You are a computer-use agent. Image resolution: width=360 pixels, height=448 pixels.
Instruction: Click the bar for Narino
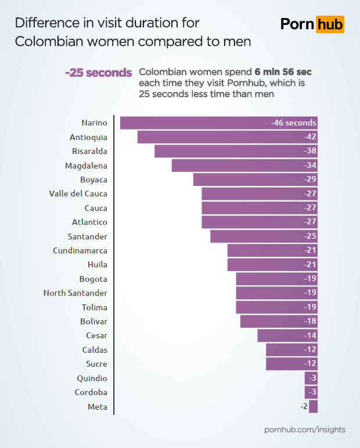218,123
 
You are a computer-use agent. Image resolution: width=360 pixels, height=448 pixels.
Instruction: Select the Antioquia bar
227,137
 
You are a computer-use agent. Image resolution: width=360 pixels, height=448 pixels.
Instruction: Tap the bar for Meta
314,406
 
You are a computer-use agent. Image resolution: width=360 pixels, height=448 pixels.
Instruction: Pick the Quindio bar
311,378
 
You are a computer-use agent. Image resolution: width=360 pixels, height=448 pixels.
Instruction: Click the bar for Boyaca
255,180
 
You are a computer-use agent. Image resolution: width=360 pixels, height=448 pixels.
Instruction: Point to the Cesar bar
287,335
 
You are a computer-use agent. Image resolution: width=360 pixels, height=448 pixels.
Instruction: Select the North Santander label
75,293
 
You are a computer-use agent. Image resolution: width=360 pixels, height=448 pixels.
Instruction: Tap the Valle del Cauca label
78,193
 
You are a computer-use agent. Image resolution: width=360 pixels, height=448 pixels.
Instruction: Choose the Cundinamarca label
80,250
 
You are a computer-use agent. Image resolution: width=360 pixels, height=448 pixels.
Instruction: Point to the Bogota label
93,279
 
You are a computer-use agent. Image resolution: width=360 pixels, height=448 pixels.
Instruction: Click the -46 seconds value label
294,123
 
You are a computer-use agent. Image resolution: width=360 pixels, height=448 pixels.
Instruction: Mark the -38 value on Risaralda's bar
310,151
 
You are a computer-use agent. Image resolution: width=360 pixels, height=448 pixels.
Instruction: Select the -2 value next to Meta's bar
304,406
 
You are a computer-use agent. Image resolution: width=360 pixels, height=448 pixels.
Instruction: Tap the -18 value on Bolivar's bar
310,321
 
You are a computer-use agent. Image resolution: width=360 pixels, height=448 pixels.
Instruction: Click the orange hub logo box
330,24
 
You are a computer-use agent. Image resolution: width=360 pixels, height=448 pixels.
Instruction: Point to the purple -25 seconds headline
99,73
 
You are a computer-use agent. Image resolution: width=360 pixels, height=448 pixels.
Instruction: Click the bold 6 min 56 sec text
283,72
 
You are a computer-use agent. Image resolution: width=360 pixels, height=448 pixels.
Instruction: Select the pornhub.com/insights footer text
305,429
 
